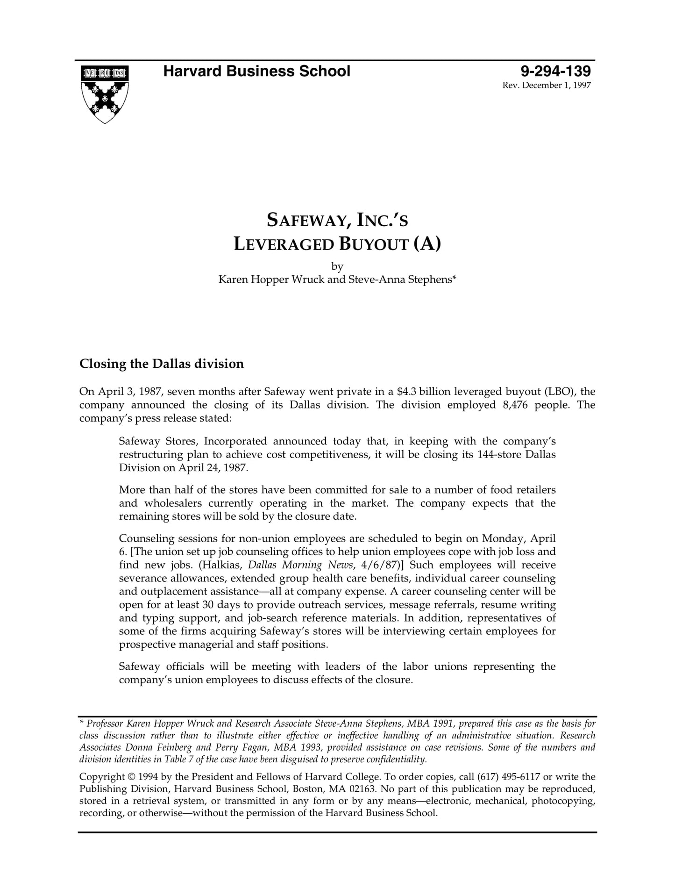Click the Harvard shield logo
point(105,94)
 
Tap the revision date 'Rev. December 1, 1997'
point(546,86)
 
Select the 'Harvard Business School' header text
point(256,72)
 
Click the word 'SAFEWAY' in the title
point(308,220)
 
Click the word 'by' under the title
point(337,266)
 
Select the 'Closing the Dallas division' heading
point(162,364)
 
